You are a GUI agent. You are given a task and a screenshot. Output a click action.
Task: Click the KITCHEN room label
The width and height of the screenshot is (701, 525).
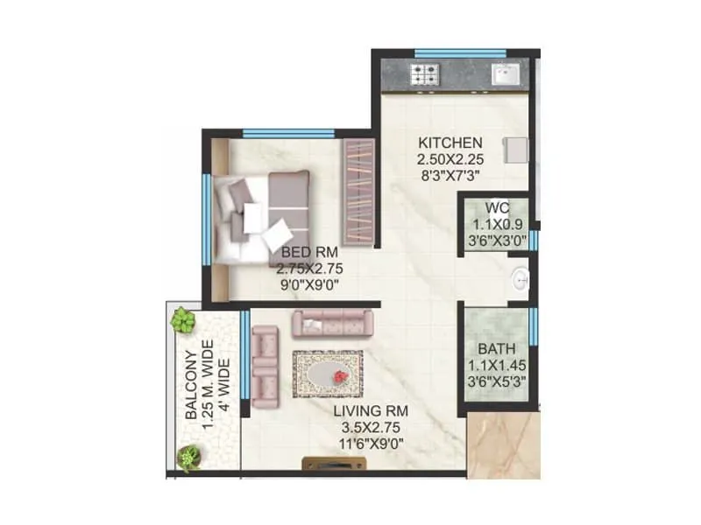click(450, 143)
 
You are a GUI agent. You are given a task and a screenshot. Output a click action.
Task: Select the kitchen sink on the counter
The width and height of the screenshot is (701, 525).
click(506, 74)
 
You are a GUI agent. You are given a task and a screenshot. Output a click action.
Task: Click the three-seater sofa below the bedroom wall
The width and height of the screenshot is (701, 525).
click(334, 324)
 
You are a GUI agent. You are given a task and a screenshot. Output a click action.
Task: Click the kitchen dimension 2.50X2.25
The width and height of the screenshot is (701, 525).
click(450, 158)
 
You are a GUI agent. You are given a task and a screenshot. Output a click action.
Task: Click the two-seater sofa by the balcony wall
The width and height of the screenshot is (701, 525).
click(265, 361)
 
